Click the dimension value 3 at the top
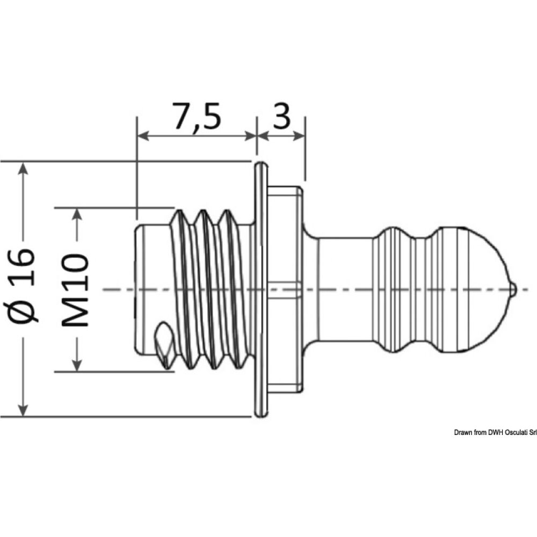click(282, 115)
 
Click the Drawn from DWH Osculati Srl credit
click(495, 432)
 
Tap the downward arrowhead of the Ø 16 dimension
click(23, 409)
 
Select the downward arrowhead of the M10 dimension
click(78, 364)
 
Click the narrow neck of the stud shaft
click(344, 290)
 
